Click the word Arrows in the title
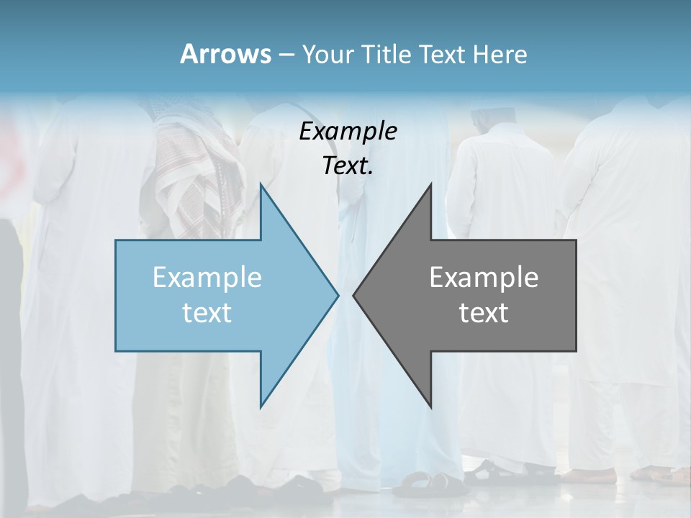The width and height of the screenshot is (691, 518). (x=225, y=54)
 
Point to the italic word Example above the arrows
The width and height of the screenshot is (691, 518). (x=348, y=132)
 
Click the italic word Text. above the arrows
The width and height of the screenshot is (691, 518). (x=348, y=166)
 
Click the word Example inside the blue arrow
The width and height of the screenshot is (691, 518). (x=207, y=278)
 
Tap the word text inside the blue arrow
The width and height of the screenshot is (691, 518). (x=207, y=313)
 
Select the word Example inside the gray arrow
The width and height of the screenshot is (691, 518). (x=484, y=278)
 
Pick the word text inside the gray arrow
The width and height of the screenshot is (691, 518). (x=484, y=313)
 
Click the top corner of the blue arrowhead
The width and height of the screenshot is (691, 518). (x=261, y=186)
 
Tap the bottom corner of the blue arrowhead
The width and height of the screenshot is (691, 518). (x=261, y=406)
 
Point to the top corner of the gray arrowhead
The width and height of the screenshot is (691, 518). (x=430, y=186)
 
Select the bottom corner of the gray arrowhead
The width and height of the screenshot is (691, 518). (x=430, y=406)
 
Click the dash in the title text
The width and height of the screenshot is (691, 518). (x=286, y=55)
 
